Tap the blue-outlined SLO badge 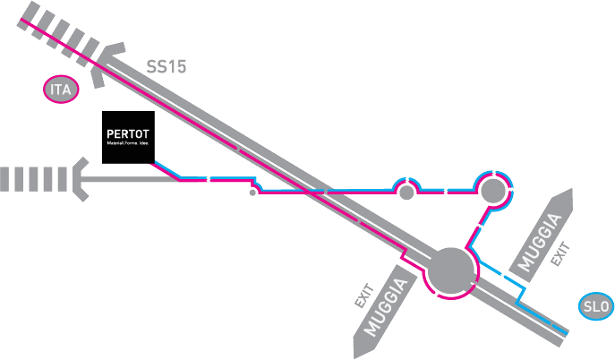point(596,305)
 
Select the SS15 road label point(167,66)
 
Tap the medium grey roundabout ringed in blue point(492,190)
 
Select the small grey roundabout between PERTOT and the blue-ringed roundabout point(406,191)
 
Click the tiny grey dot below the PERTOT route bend point(252,192)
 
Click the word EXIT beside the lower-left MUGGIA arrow point(363,297)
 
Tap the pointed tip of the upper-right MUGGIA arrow point(568,193)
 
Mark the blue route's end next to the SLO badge point(567,332)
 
